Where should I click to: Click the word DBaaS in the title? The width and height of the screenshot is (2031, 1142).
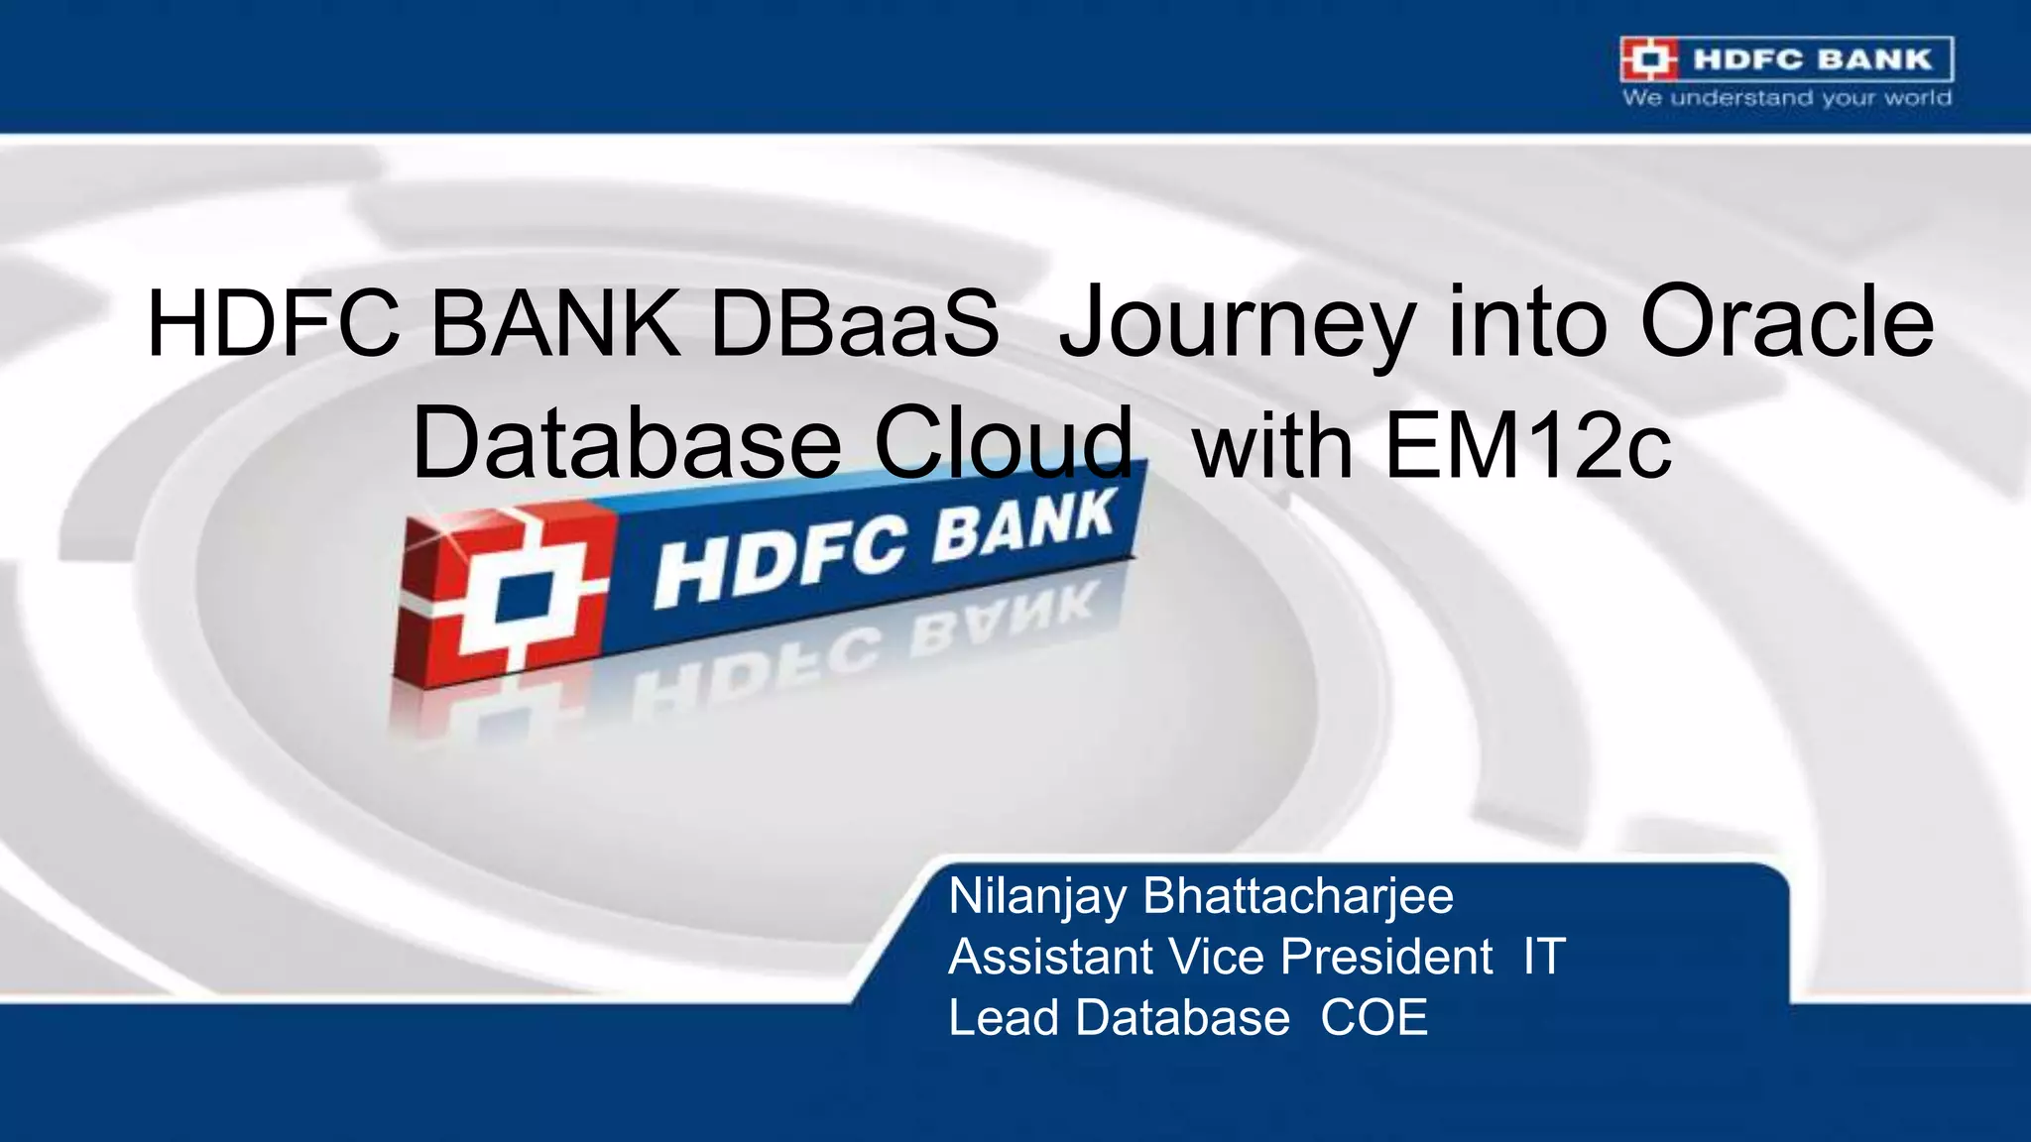coord(855,323)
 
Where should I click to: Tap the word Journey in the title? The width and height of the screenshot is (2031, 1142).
coord(1236,323)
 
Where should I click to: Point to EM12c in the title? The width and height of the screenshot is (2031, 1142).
coord(1527,445)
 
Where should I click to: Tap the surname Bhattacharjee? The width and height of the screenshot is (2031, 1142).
coord(1298,896)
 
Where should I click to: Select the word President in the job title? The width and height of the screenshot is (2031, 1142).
coord(1386,958)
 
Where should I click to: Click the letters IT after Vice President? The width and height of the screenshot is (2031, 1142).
coord(1544,958)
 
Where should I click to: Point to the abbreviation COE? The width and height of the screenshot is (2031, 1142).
coord(1374,1018)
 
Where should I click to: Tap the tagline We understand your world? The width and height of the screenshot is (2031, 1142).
coord(1787,98)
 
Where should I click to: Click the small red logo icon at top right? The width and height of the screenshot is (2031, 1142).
coord(1649,59)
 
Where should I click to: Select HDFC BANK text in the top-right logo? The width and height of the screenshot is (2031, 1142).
coord(1813,59)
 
